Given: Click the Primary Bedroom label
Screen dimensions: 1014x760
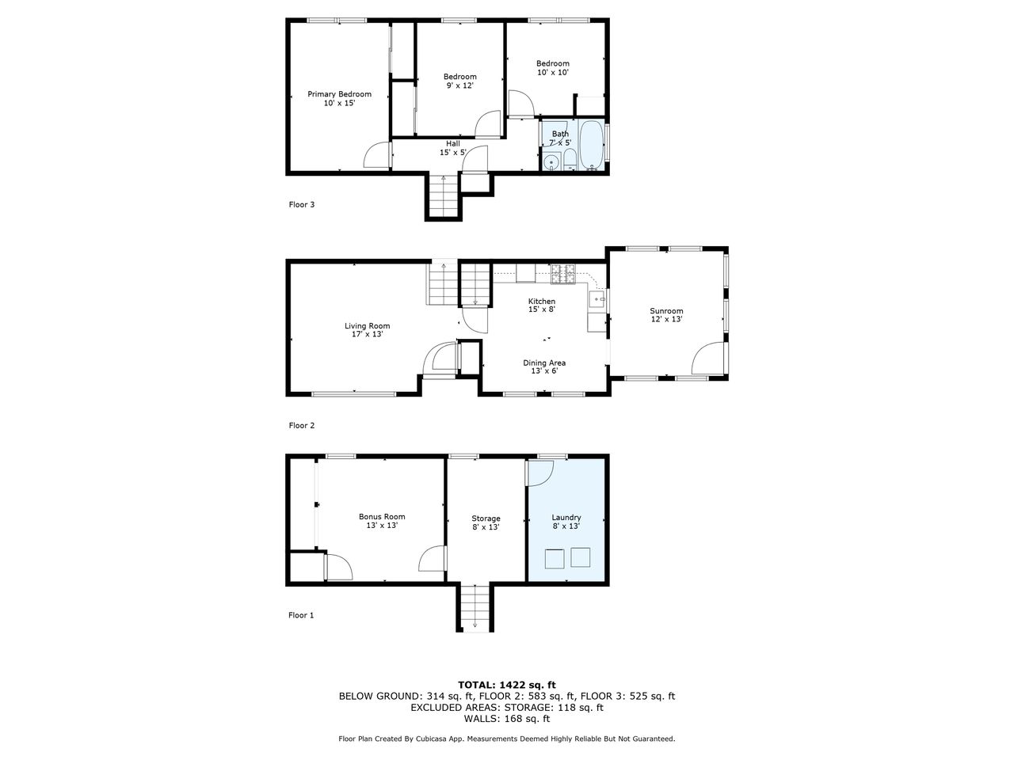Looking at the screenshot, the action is [x=339, y=94].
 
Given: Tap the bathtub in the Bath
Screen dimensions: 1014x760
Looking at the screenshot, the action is [x=591, y=145].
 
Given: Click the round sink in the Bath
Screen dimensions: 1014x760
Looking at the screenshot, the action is [x=551, y=163].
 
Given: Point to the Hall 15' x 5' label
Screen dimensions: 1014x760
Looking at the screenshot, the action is [x=452, y=148].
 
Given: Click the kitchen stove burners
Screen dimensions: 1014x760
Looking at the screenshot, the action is [x=563, y=273].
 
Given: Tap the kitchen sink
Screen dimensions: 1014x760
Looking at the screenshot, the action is [x=597, y=299].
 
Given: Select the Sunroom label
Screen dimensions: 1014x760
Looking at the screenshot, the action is [x=666, y=310].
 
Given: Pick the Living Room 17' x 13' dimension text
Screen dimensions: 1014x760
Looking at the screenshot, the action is [x=368, y=333].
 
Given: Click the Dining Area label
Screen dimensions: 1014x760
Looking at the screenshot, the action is [x=544, y=363].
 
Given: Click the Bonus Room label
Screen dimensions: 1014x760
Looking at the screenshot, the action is [x=382, y=516].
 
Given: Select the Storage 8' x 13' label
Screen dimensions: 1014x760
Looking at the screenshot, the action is [x=486, y=522].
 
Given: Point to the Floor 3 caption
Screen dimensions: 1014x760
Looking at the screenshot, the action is [x=301, y=204].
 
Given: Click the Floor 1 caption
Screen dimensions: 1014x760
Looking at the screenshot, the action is [x=301, y=614].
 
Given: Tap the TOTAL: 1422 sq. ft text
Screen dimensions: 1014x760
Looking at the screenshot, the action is [x=507, y=685].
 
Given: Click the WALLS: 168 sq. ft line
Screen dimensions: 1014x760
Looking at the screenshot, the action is [x=507, y=718].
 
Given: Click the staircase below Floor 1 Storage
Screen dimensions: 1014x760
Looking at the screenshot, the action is [x=475, y=607].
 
